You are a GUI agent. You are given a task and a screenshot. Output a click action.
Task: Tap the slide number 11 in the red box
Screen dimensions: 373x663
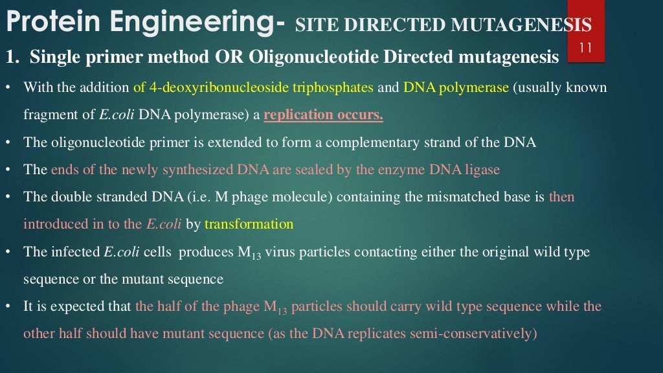[586, 47]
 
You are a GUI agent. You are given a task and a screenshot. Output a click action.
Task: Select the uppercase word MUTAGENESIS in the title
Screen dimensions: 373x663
[522, 26]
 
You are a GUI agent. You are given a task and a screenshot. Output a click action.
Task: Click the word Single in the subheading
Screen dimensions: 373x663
[53, 58]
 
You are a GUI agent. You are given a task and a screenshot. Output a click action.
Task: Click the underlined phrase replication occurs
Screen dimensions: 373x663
[323, 115]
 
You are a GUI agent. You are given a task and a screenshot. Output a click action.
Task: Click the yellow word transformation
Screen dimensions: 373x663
[249, 224]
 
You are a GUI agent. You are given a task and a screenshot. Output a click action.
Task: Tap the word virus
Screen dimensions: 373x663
[282, 252]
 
